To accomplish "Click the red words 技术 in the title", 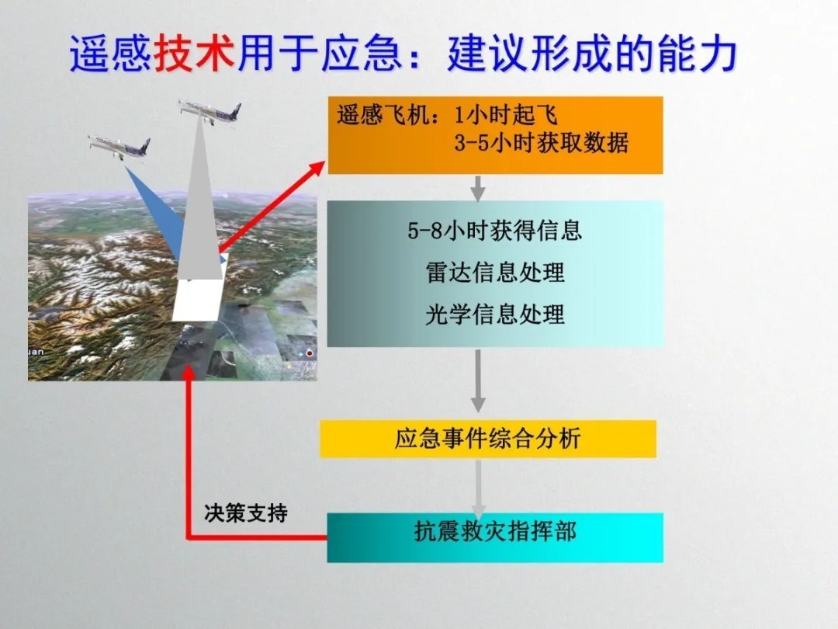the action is (x=194, y=54).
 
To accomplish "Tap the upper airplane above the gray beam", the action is (x=209, y=112).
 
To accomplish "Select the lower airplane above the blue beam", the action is (x=119, y=146).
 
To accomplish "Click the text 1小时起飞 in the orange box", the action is (x=506, y=115).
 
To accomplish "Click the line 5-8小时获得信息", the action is (x=494, y=231).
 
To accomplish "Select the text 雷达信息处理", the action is (x=495, y=273).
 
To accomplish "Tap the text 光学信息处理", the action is (x=495, y=314).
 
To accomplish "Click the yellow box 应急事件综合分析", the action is (x=488, y=439).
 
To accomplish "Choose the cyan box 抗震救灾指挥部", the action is (x=495, y=537).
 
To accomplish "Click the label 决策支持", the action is (x=246, y=513).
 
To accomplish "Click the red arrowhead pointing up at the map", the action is (x=188, y=372).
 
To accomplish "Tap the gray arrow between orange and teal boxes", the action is (x=478, y=188).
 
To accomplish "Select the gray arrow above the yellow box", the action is (x=478, y=381).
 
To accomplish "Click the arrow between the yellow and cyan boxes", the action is (x=478, y=488).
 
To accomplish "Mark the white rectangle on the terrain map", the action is (x=200, y=289).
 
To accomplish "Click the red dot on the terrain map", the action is (x=310, y=353).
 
